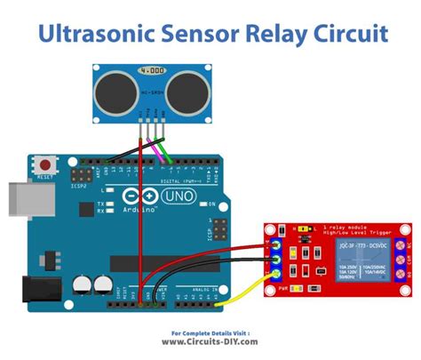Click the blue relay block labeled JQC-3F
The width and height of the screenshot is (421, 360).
click(365, 259)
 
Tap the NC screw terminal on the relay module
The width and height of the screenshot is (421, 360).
click(406, 242)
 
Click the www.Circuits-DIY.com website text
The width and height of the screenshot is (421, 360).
click(210, 342)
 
